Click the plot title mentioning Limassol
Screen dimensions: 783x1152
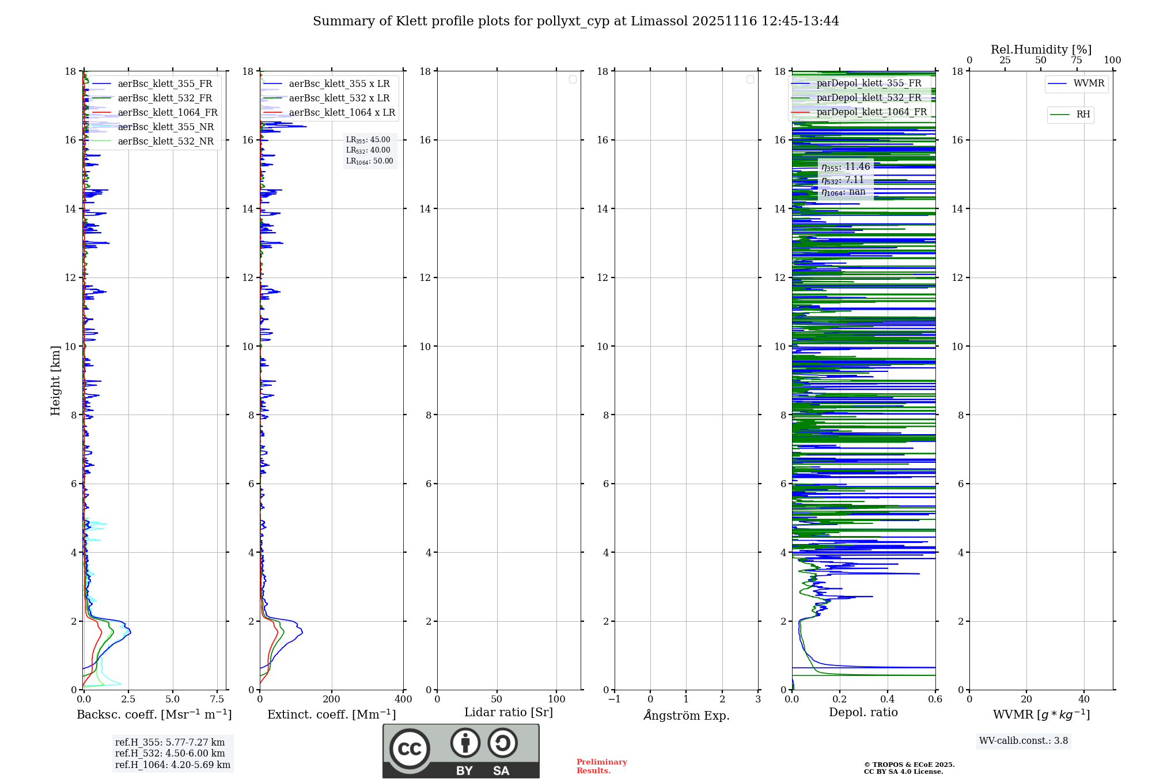576,21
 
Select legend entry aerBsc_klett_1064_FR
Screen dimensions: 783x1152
167,113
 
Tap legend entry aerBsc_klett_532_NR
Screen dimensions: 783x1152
165,142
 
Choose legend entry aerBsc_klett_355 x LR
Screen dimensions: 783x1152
339,84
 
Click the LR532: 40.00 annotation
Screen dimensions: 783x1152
368,150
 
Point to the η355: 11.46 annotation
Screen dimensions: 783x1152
846,167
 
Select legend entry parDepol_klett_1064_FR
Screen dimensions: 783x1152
871,112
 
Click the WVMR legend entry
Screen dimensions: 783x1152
1088,83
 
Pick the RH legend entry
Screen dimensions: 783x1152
1083,115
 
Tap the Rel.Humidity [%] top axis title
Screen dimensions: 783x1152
1041,50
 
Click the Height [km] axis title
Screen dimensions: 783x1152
55,380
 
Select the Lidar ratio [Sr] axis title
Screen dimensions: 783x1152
509,713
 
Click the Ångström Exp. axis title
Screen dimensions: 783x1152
686,715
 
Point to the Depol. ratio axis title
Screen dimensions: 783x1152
863,713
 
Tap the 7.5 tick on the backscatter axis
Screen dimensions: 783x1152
217,700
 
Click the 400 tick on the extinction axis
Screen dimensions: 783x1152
403,700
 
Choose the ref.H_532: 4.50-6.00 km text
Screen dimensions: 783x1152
170,754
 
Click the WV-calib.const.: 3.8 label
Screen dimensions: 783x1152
1023,741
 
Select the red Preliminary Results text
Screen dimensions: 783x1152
601,766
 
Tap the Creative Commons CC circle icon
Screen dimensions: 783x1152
410,749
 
